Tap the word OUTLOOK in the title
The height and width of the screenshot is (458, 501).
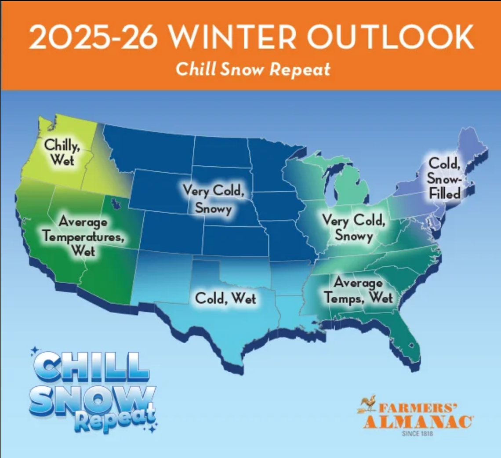coord(390,38)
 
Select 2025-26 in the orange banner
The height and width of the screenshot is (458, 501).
coord(93,38)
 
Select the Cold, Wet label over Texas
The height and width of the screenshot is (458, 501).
coord(225,298)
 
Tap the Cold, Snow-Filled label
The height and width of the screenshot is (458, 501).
coord(444,178)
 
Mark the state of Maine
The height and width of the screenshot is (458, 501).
coord(472,145)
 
